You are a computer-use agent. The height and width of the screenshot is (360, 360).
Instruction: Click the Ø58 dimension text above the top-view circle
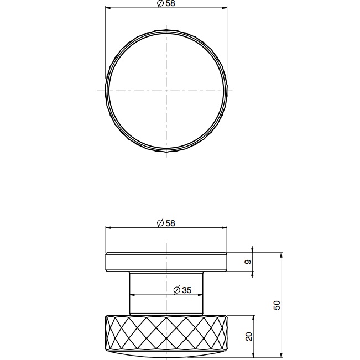pos(166,3)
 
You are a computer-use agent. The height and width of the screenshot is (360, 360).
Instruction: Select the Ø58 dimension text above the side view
pos(166,223)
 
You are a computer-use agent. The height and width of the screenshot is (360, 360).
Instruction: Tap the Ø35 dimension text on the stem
pos(182,290)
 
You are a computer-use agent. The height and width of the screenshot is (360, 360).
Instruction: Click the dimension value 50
pos(277,305)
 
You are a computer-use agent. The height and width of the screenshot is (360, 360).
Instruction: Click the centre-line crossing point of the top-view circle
pos(166,90)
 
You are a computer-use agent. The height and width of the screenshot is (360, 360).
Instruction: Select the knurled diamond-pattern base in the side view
pos(166,335)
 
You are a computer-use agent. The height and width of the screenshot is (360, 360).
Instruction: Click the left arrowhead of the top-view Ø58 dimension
pos(107,8)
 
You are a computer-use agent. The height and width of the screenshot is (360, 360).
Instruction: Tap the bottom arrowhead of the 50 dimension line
pos(282,353)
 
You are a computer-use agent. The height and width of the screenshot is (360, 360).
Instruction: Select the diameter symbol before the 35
pos(176,290)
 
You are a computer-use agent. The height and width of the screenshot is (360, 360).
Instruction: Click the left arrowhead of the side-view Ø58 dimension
pos(107,227)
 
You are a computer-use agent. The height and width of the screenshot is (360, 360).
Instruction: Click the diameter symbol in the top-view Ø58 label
pos(160,3)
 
